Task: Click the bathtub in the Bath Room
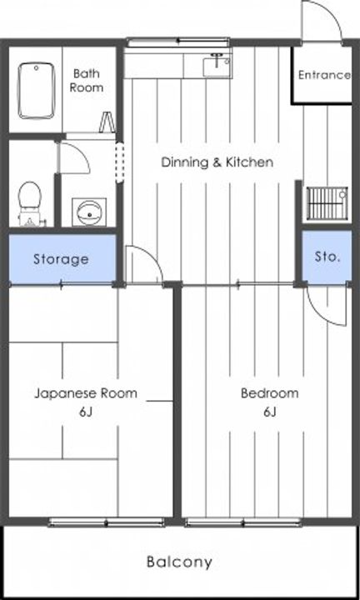37,91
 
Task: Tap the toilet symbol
30,203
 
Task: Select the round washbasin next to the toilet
89,212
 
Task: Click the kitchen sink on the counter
217,66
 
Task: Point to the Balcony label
179,562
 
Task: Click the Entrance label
324,75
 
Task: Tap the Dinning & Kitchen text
217,162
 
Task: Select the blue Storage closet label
61,259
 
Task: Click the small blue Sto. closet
327,257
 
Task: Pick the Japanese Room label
86,393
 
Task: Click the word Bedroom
270,393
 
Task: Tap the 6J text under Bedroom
270,412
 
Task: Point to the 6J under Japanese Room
86,412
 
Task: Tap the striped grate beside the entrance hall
327,202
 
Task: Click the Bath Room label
87,80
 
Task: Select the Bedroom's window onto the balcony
243,522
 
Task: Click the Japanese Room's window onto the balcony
107,522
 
